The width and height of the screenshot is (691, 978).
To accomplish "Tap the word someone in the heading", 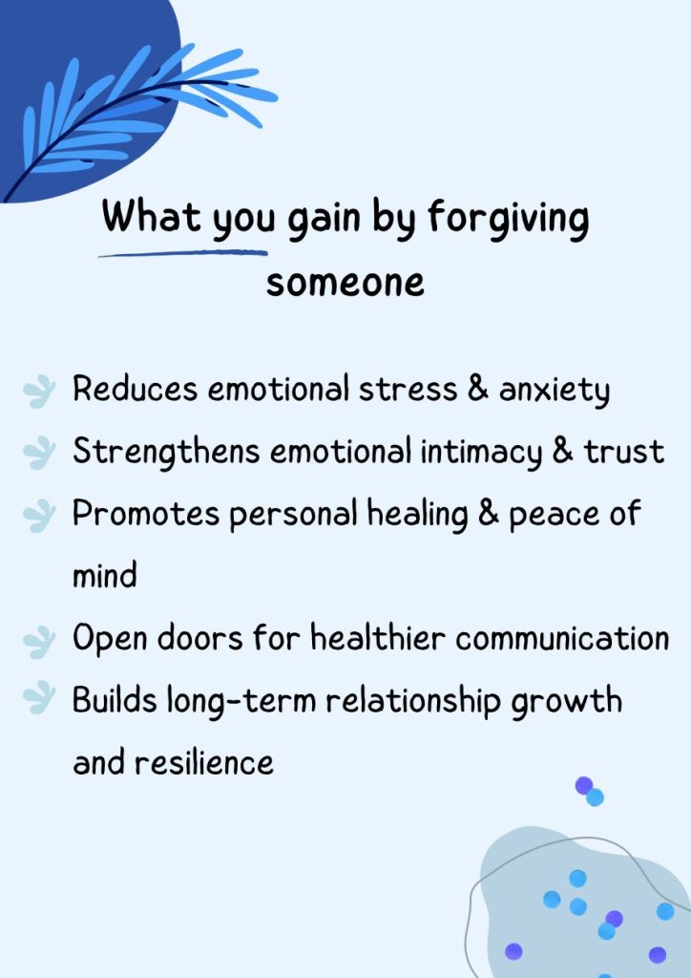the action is point(345,283).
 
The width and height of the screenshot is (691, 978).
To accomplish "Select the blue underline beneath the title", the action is point(183,253).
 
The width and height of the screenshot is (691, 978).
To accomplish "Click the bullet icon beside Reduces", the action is point(39,392).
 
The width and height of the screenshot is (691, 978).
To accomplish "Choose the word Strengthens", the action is point(166,452).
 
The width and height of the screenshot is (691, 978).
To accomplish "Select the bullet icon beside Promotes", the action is point(39,516).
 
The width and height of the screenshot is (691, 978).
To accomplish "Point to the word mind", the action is point(105,575).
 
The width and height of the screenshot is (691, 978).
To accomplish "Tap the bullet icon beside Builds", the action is point(39,698).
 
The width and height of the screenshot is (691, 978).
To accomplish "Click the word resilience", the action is point(203,762).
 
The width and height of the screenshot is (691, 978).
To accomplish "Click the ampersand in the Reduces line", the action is point(477,389).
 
